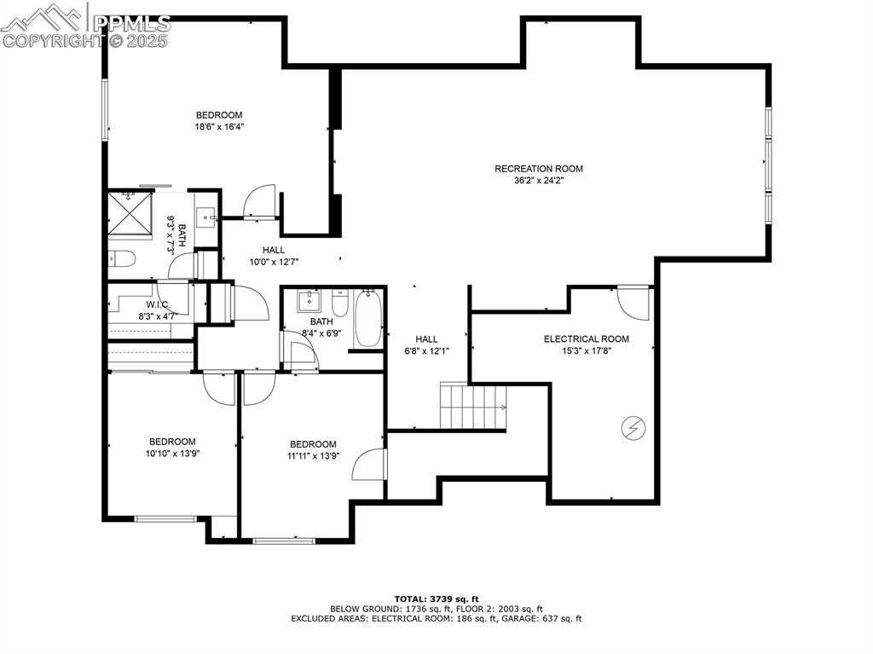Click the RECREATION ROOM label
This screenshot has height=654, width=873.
(x=539, y=169)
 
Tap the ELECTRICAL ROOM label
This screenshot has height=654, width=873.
(x=586, y=339)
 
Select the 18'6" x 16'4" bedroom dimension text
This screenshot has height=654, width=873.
(x=219, y=127)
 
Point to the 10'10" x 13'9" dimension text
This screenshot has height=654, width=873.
(x=172, y=454)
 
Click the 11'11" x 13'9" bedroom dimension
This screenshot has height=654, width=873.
(x=313, y=456)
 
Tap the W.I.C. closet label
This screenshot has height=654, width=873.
(x=158, y=304)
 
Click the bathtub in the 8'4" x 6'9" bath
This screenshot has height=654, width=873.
(x=368, y=319)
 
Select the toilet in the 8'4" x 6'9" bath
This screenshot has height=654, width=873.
(x=340, y=304)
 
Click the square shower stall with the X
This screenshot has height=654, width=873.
(x=130, y=213)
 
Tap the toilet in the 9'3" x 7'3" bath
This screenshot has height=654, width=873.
(x=119, y=259)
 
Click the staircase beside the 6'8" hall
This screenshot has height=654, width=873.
(x=472, y=406)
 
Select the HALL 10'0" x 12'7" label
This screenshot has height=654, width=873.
(x=273, y=256)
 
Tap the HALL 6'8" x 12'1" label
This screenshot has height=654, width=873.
(x=426, y=344)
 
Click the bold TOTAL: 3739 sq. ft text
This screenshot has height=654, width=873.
(x=436, y=599)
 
